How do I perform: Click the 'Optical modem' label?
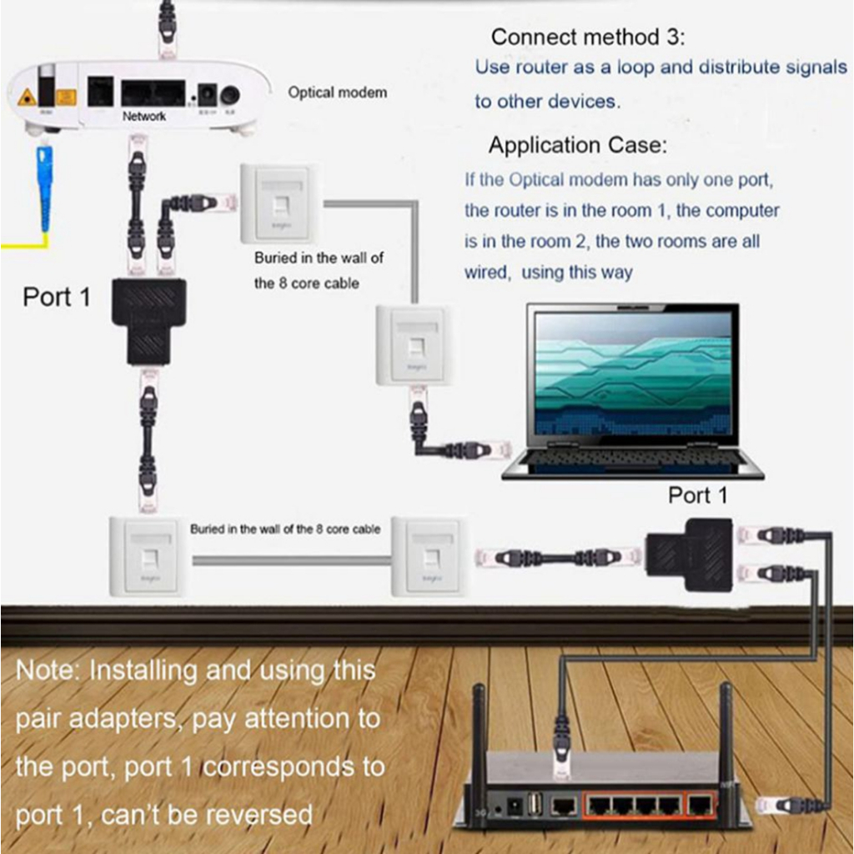pos(337,93)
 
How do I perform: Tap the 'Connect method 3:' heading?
pos(587,37)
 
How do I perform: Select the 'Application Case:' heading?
pos(577,145)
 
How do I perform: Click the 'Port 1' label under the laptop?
pos(697,495)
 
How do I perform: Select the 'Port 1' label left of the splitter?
pos(57,297)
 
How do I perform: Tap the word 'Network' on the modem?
pos(144,117)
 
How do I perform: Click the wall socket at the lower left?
pos(147,556)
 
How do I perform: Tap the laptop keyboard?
pos(630,458)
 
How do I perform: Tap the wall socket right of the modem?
pos(279,203)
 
